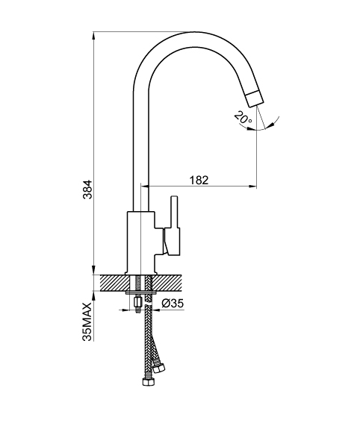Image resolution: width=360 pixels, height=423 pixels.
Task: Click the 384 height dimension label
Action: (87, 189)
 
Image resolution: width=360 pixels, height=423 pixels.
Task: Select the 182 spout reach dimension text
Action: (199, 181)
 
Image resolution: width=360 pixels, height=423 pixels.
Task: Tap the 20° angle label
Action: (243, 118)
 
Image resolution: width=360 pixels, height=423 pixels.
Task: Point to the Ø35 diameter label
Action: (173, 303)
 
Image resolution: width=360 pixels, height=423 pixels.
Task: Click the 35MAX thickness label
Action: (87, 322)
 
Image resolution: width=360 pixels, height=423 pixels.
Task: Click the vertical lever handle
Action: (174, 213)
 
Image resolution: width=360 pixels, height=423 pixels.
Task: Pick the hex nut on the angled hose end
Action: (158, 368)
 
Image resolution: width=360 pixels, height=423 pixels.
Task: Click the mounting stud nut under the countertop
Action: (137, 302)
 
